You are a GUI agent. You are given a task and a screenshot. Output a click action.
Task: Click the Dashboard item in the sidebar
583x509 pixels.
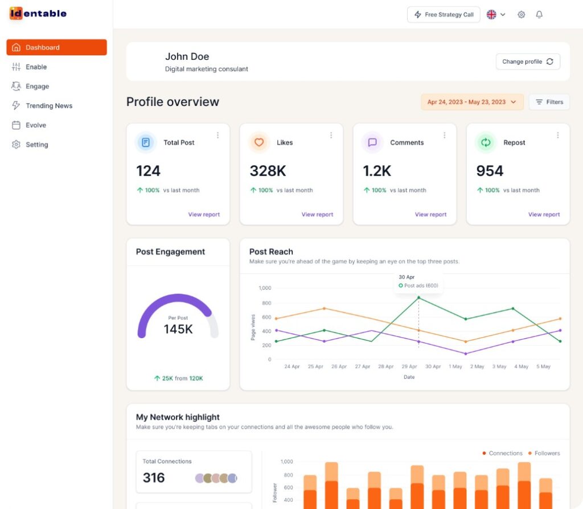pos(56,47)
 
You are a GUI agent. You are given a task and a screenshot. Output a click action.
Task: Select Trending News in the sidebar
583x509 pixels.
pos(48,106)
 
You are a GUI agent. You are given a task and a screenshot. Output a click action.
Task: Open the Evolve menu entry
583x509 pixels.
pos(35,125)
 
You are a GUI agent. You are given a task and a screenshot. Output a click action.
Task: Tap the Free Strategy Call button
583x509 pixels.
pos(444,15)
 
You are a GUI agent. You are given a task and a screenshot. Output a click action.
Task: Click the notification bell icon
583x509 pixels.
pos(539,15)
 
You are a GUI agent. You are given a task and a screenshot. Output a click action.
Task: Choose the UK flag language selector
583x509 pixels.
pos(495,15)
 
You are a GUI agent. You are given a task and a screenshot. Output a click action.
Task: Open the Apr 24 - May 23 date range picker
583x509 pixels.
pos(472,102)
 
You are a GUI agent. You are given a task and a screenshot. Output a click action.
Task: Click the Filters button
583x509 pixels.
pos(549,102)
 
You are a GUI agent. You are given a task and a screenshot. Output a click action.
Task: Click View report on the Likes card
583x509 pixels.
pos(317,215)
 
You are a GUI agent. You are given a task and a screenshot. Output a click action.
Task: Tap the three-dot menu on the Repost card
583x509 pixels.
pos(557,136)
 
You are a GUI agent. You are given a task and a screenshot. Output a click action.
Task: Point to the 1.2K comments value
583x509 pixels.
pos(377,171)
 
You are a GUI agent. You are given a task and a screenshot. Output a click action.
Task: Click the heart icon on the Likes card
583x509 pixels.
pos(259,142)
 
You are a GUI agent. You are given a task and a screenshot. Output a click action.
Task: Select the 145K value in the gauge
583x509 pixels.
pos(178,329)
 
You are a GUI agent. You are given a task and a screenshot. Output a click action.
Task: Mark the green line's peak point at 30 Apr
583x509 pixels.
pos(418,297)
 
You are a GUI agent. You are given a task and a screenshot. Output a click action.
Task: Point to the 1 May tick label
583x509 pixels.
pos(455,367)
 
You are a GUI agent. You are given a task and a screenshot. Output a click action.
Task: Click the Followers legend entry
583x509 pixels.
pos(544,453)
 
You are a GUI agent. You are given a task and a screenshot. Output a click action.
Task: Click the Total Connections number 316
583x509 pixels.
pos(154,478)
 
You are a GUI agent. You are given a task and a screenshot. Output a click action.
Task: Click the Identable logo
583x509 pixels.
pos(38,13)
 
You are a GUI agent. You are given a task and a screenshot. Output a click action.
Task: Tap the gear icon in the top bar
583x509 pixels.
pos(521,15)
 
